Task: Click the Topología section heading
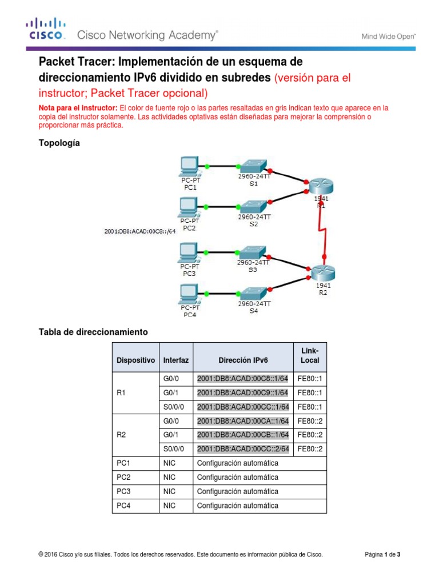click(x=59, y=143)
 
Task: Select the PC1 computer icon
click(x=189, y=166)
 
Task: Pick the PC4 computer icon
click(x=189, y=293)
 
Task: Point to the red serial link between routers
click(x=323, y=229)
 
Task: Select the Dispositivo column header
click(x=135, y=360)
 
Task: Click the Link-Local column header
click(x=310, y=355)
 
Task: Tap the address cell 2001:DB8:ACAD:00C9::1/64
click(x=243, y=393)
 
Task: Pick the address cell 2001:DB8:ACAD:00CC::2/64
click(x=243, y=448)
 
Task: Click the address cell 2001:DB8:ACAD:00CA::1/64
click(x=243, y=421)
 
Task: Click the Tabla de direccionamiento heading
click(x=93, y=331)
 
